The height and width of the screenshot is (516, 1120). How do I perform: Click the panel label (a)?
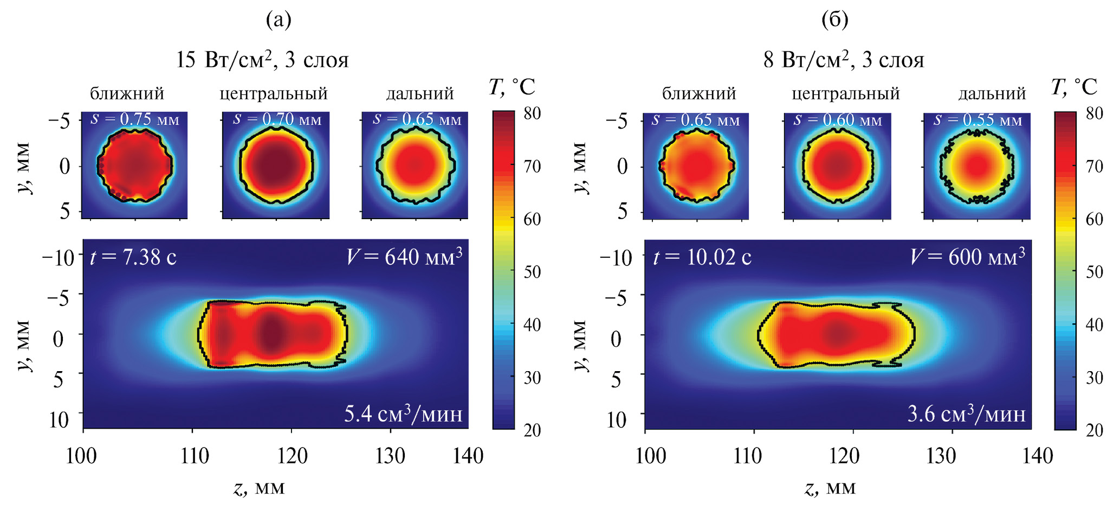click(x=279, y=20)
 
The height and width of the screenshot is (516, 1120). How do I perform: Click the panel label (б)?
click(x=834, y=20)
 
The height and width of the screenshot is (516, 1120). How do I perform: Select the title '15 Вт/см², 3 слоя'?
click(x=262, y=60)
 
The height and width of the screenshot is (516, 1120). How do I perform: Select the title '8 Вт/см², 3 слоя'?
click(x=843, y=60)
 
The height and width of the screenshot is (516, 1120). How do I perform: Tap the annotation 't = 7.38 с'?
click(x=133, y=257)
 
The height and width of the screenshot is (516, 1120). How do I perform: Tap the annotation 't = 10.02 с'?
click(x=702, y=257)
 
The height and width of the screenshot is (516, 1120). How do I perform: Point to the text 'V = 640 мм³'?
click(x=404, y=256)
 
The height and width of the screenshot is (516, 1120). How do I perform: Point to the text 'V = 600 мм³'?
click(x=967, y=256)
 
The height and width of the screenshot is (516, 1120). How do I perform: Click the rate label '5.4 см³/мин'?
click(x=403, y=414)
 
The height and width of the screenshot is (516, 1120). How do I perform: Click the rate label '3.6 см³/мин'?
click(x=966, y=414)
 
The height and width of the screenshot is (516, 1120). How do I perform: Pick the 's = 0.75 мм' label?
click(x=134, y=119)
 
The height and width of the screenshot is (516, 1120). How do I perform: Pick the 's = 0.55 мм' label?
click(x=977, y=120)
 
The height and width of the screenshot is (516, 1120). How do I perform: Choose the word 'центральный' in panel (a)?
click(x=274, y=94)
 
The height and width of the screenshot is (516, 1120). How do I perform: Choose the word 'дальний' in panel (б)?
click(x=992, y=94)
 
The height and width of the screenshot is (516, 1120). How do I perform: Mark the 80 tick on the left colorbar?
click(x=532, y=113)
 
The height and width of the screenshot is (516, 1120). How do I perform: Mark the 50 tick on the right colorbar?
click(x=1095, y=271)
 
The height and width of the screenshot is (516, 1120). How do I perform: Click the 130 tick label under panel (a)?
click(x=390, y=456)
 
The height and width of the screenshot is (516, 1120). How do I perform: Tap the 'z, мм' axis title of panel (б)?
click(x=830, y=488)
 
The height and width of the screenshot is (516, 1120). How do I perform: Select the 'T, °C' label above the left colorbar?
click(x=512, y=87)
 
